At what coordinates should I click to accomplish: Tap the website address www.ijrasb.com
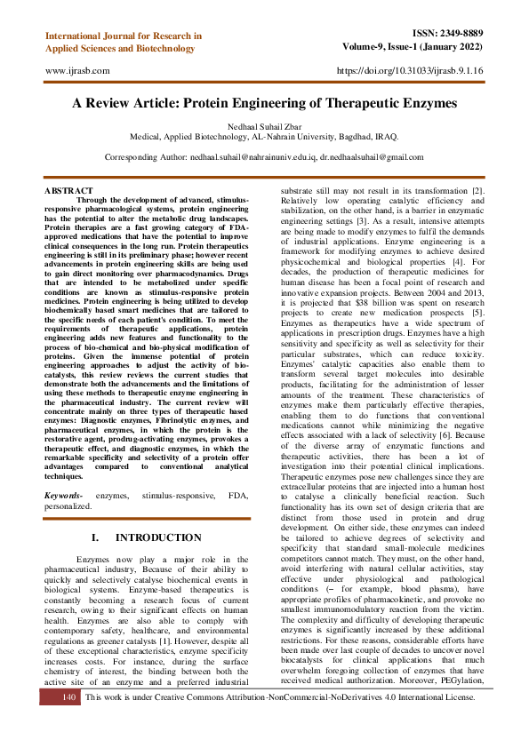click(76, 69)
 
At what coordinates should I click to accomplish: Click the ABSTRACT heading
click(68, 191)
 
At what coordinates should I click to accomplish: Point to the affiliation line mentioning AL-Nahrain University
click(264, 138)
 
